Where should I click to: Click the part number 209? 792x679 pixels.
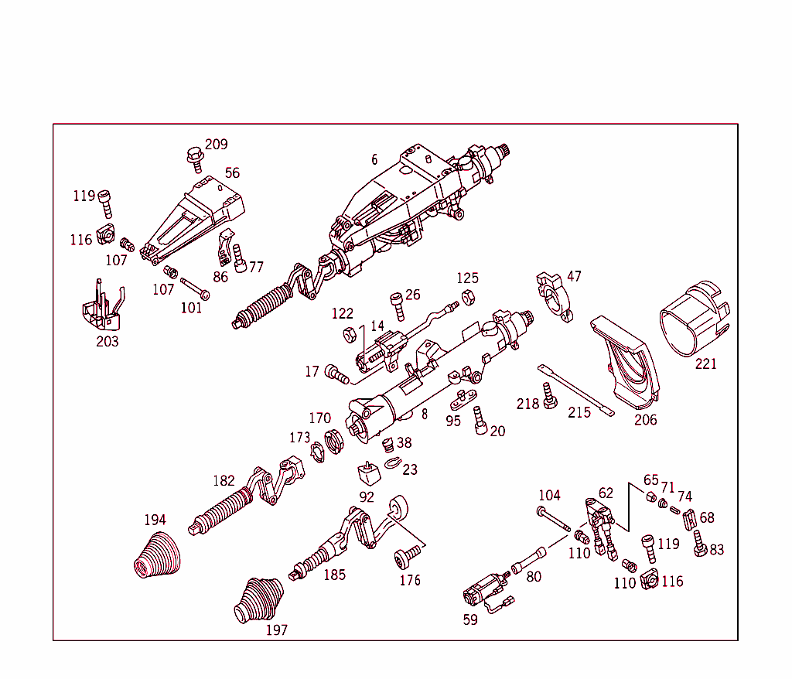216,145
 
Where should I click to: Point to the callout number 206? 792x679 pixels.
645,420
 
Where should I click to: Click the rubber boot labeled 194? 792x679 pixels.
156,554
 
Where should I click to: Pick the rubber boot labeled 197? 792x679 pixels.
258,599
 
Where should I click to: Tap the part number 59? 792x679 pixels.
470,619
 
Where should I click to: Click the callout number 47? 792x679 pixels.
574,276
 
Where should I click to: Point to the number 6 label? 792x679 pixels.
374,159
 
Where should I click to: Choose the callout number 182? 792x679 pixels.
224,480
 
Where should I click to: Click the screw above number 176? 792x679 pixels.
407,554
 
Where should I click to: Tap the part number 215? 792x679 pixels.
579,412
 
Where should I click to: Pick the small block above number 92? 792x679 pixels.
367,472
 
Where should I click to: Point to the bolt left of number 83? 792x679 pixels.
699,544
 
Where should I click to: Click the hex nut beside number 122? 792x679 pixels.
349,334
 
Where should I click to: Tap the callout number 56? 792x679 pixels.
232,172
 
